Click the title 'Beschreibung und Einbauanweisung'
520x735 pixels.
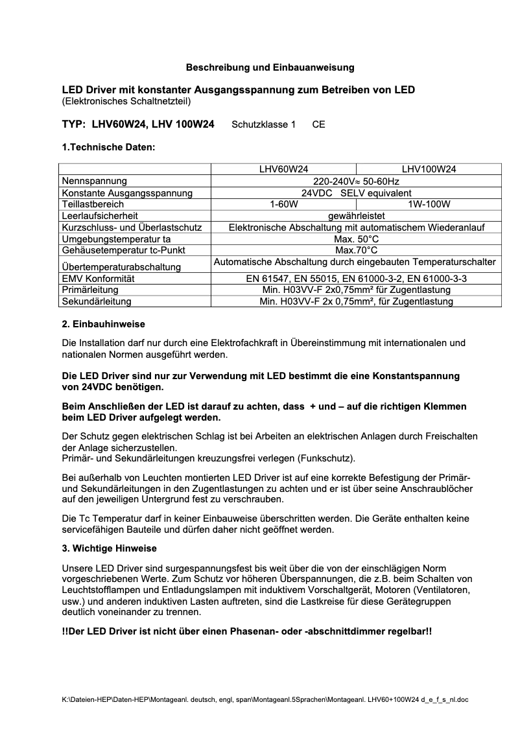click(270, 67)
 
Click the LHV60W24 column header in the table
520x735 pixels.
click(284, 169)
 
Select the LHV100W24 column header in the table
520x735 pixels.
click(429, 169)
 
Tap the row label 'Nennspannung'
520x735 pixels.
click(95, 181)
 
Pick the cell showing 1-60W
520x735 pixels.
click(284, 204)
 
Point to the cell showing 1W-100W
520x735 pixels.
click(429, 204)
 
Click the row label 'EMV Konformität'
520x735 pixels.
click(98, 278)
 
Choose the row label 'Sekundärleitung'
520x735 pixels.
click(97, 301)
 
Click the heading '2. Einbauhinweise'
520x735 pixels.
click(103, 324)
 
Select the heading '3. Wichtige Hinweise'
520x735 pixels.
click(109, 548)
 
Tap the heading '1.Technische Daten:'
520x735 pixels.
click(108, 147)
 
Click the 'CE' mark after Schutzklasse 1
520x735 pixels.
click(318, 124)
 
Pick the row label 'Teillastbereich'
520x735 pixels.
click(93, 204)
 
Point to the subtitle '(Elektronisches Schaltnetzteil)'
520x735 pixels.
click(126, 101)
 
